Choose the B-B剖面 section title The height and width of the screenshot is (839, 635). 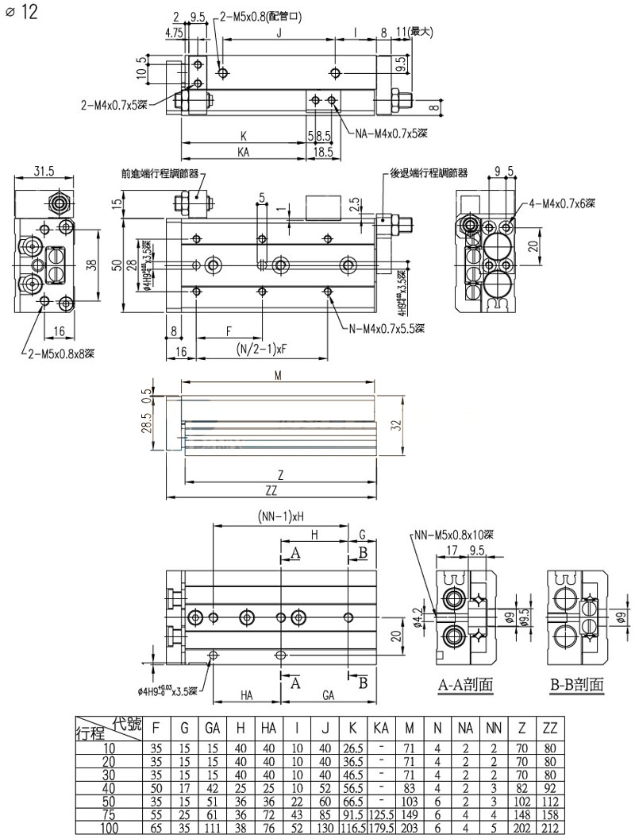point(576,684)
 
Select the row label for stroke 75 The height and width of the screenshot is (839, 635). point(110,814)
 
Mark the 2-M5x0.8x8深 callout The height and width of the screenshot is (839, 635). point(61,353)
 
